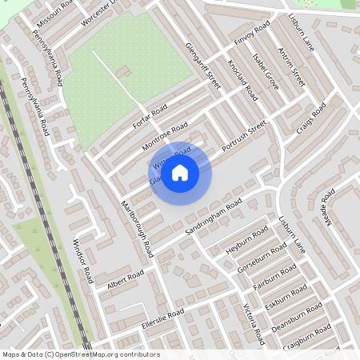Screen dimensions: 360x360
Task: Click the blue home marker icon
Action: [x=180, y=173]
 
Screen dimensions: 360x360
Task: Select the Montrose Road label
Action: [x=164, y=136]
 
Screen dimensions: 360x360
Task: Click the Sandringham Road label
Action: [x=213, y=213]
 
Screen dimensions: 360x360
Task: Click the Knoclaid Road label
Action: [x=242, y=79]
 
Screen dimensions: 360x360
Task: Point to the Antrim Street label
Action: [x=293, y=66]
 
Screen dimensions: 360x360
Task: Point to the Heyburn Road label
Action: [x=245, y=239]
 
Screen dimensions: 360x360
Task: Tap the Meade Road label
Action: [x=327, y=208]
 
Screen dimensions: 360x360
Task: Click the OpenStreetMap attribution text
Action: [x=81, y=354]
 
